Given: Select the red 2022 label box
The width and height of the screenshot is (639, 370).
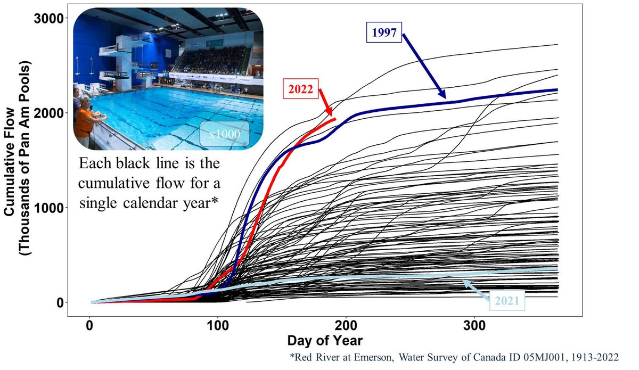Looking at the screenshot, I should click(300, 89).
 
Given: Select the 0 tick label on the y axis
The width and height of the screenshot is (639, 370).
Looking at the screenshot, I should click(60, 302).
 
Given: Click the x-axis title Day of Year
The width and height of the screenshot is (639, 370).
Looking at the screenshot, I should click(325, 340).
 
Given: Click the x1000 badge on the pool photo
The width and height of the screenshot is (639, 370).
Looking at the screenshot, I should click(224, 134).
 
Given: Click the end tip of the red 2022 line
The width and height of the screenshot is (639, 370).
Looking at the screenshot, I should click(335, 119).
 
